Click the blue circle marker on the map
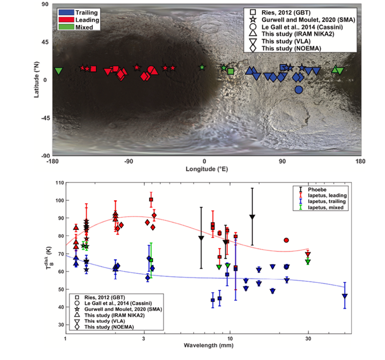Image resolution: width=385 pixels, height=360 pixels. point(299,90)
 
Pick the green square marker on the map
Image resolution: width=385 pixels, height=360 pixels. point(231,71)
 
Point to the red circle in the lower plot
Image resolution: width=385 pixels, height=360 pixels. point(286,240)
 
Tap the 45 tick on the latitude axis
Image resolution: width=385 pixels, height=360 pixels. point(44,42)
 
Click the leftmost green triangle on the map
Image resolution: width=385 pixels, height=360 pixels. point(59,71)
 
